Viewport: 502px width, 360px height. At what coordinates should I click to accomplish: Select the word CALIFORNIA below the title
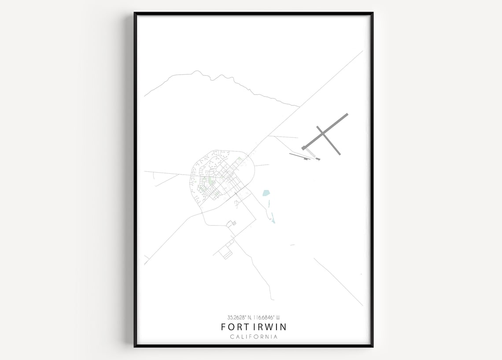[x=254, y=337]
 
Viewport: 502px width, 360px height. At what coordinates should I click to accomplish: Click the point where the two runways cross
[x=323, y=133]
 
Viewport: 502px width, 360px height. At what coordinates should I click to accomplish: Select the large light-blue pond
[x=266, y=193]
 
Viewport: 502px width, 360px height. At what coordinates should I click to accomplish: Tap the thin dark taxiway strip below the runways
[x=299, y=156]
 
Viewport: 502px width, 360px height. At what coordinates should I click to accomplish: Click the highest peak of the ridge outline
[x=194, y=71]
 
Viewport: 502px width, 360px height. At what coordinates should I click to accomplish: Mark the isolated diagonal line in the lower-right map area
[x=338, y=282]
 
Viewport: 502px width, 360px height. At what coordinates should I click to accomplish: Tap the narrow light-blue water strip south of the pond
[x=273, y=218]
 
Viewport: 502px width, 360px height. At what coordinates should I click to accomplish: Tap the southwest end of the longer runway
[x=303, y=148]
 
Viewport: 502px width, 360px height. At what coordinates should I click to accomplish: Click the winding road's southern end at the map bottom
[x=273, y=300]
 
